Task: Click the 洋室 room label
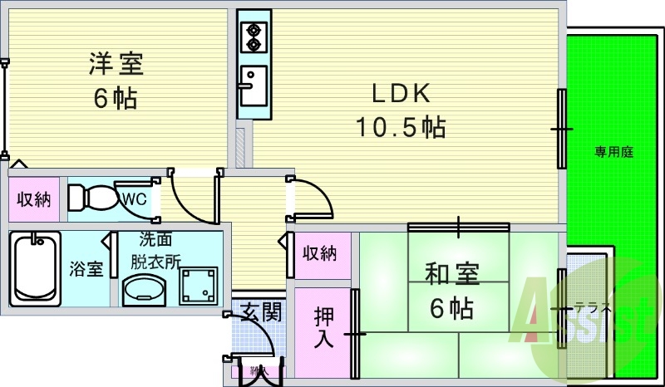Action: point(116,64)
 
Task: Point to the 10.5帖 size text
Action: point(401,127)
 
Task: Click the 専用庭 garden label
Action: point(614,152)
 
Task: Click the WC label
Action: point(135,198)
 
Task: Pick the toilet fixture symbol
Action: point(92,198)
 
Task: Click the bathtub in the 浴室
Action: point(36,268)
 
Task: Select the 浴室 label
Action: point(86,270)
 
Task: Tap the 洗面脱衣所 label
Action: point(156,249)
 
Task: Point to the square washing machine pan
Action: point(199,287)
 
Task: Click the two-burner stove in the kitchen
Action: point(252,37)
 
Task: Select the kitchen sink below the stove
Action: point(252,82)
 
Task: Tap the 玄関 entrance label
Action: point(261,313)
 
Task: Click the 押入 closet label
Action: point(324,327)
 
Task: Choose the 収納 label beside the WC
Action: point(35,199)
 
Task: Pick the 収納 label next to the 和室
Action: point(321,252)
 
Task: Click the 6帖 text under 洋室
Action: point(116,99)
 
